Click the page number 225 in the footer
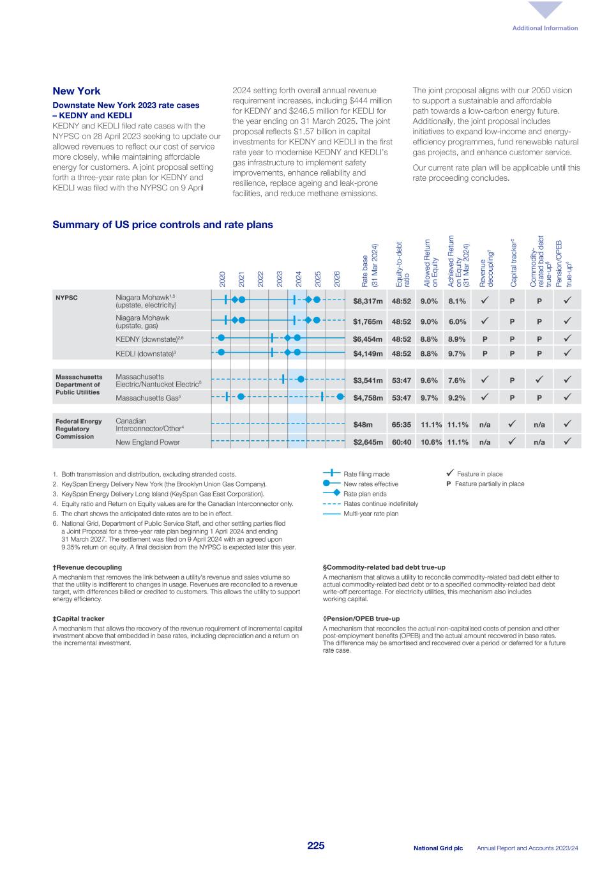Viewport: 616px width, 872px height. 315,846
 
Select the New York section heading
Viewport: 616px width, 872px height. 77,91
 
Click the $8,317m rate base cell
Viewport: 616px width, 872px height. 368,301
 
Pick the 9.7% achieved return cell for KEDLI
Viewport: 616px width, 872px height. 456,353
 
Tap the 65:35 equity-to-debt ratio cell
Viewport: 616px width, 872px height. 401,424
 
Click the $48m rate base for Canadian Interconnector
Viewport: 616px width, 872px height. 363,424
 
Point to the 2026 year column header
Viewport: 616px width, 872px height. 337,278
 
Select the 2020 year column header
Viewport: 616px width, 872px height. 222,278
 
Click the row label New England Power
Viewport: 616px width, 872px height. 147,442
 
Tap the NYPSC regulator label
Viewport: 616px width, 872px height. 67,298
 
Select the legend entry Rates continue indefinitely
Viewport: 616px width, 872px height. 380,503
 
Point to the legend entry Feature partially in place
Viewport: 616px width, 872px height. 489,484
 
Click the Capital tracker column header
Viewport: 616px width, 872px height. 513,262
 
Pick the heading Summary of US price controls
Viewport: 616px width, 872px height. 162,225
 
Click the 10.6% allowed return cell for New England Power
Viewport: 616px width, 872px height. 431,442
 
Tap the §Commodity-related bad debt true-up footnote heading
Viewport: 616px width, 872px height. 384,567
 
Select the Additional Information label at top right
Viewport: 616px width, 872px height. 545,28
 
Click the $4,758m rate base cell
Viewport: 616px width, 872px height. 368,397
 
